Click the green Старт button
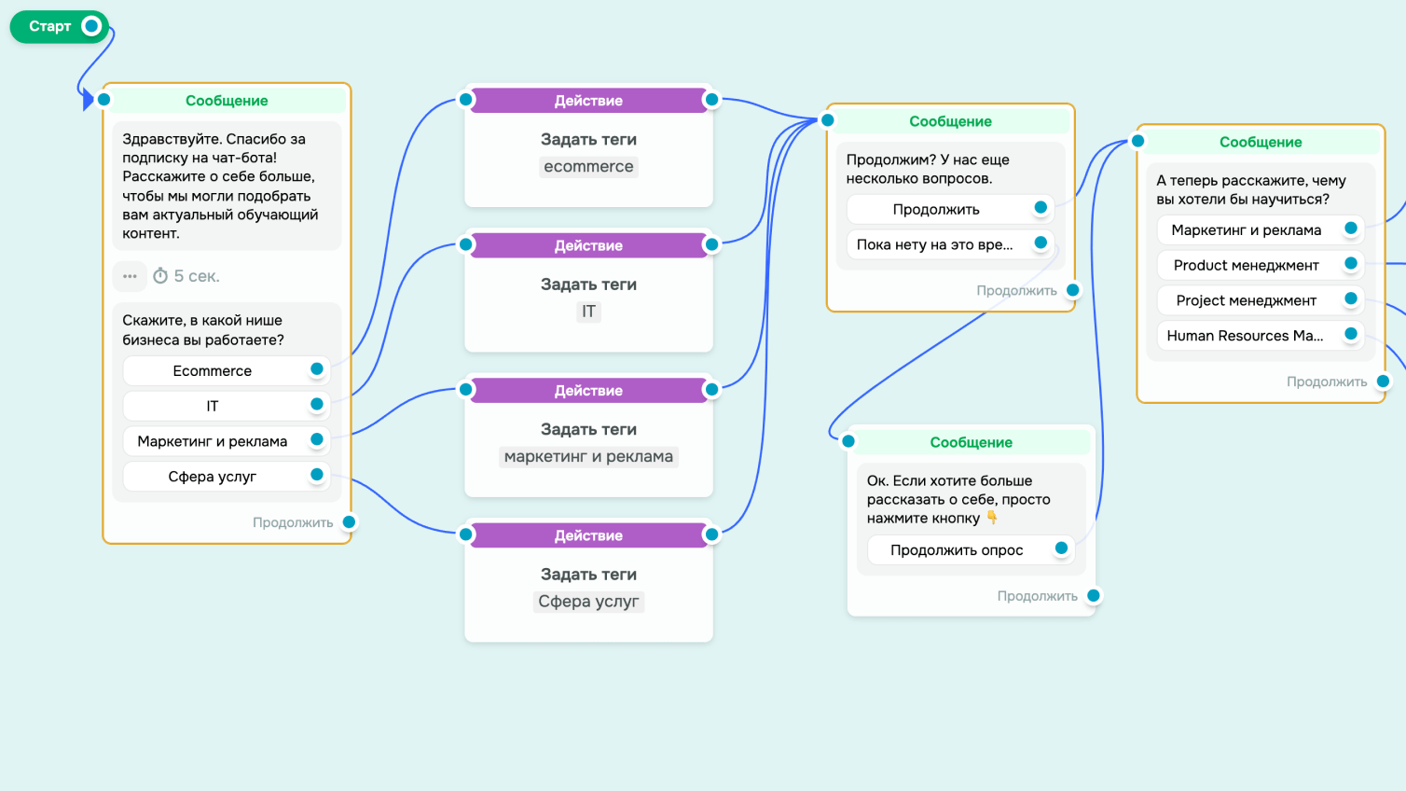(59, 26)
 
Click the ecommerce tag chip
(588, 166)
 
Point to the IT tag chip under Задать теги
(588, 312)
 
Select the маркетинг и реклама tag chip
(588, 456)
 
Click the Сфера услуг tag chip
(588, 602)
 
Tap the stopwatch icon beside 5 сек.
(160, 275)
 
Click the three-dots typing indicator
(130, 276)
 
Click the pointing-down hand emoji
(992, 518)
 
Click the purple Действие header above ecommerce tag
(588, 101)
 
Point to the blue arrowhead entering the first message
(89, 100)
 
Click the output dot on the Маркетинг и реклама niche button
(316, 439)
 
